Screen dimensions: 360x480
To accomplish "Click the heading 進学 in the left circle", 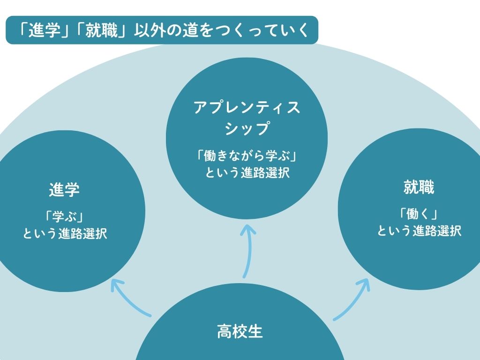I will click(65, 190).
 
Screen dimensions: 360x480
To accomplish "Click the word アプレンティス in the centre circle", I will click(247, 108).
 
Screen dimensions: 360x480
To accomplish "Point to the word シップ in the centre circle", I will click(247, 128).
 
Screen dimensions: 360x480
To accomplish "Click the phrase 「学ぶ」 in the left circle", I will click(65, 216).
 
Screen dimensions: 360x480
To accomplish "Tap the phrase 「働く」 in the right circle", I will click(419, 214).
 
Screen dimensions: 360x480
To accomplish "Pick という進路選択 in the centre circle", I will click(247, 172).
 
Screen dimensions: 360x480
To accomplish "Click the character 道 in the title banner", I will click(186, 30).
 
